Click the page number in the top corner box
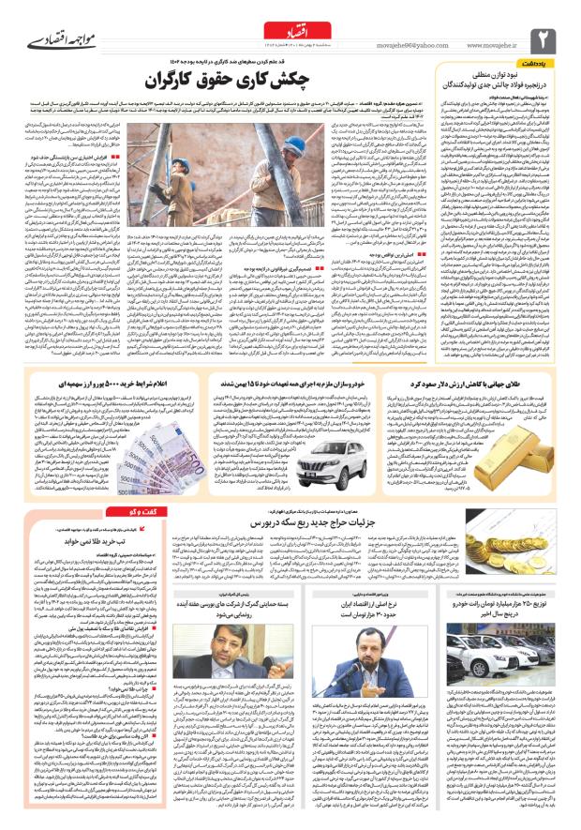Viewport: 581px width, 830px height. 544,38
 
